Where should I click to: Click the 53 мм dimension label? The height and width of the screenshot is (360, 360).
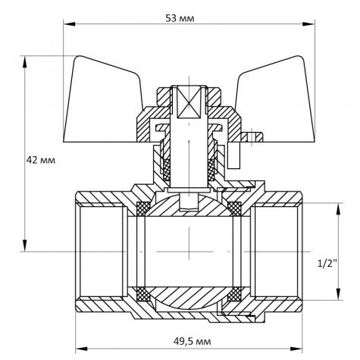click(x=178, y=18)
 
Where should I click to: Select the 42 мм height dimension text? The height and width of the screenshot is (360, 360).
click(x=42, y=161)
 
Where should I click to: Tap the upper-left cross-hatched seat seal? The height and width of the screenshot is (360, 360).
click(x=139, y=207)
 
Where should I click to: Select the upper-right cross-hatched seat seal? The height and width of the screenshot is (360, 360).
click(x=234, y=207)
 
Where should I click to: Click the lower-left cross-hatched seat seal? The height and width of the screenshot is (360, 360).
click(x=139, y=293)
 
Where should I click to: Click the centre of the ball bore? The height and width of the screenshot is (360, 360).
click(x=186, y=250)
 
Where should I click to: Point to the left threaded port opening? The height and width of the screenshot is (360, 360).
click(x=99, y=250)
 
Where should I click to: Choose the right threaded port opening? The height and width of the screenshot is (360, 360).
click(x=277, y=250)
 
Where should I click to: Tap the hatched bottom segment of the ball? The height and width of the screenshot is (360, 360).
click(x=186, y=299)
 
